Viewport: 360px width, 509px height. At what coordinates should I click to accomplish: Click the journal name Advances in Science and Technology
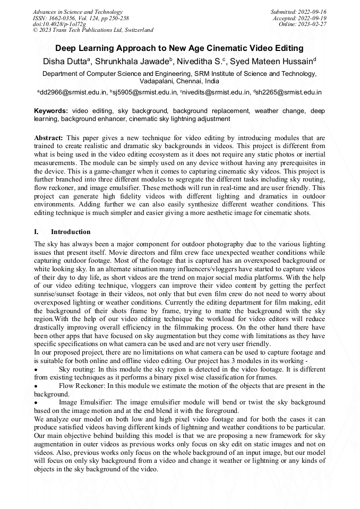click(x=78, y=12)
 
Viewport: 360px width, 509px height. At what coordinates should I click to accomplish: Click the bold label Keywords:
click(x=50, y=111)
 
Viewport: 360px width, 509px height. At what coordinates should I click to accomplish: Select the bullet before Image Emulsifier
click(x=36, y=403)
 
